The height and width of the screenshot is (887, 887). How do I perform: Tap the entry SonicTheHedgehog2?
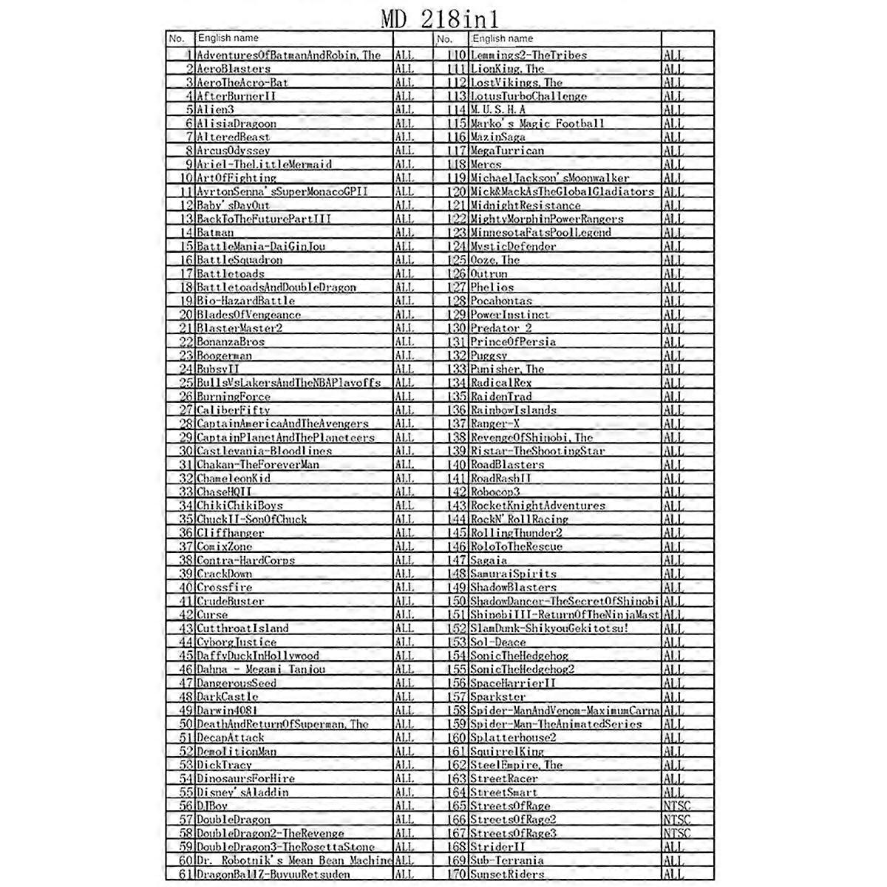tap(522, 670)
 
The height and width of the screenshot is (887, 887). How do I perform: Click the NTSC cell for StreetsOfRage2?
tap(676, 820)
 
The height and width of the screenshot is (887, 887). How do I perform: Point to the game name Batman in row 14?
tap(215, 233)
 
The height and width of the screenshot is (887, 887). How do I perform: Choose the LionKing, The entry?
tap(507, 69)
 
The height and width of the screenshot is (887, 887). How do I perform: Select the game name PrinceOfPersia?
tap(513, 342)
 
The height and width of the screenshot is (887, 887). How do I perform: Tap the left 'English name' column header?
tap(228, 38)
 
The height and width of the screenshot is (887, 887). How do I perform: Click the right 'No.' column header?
tap(444, 38)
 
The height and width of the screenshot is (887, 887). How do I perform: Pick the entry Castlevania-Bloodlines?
tap(264, 451)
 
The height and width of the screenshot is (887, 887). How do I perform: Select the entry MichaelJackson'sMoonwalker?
tap(550, 178)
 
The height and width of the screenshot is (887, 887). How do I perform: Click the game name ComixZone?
tap(224, 547)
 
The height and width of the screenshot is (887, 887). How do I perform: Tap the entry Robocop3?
tap(495, 492)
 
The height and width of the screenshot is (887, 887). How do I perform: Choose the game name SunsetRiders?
tap(507, 874)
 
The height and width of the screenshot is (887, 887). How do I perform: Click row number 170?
tap(458, 874)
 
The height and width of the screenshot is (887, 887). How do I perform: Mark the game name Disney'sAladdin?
tap(242, 792)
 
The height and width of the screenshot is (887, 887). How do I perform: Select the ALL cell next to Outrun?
tap(673, 274)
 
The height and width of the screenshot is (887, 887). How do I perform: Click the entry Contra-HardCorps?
tap(245, 560)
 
